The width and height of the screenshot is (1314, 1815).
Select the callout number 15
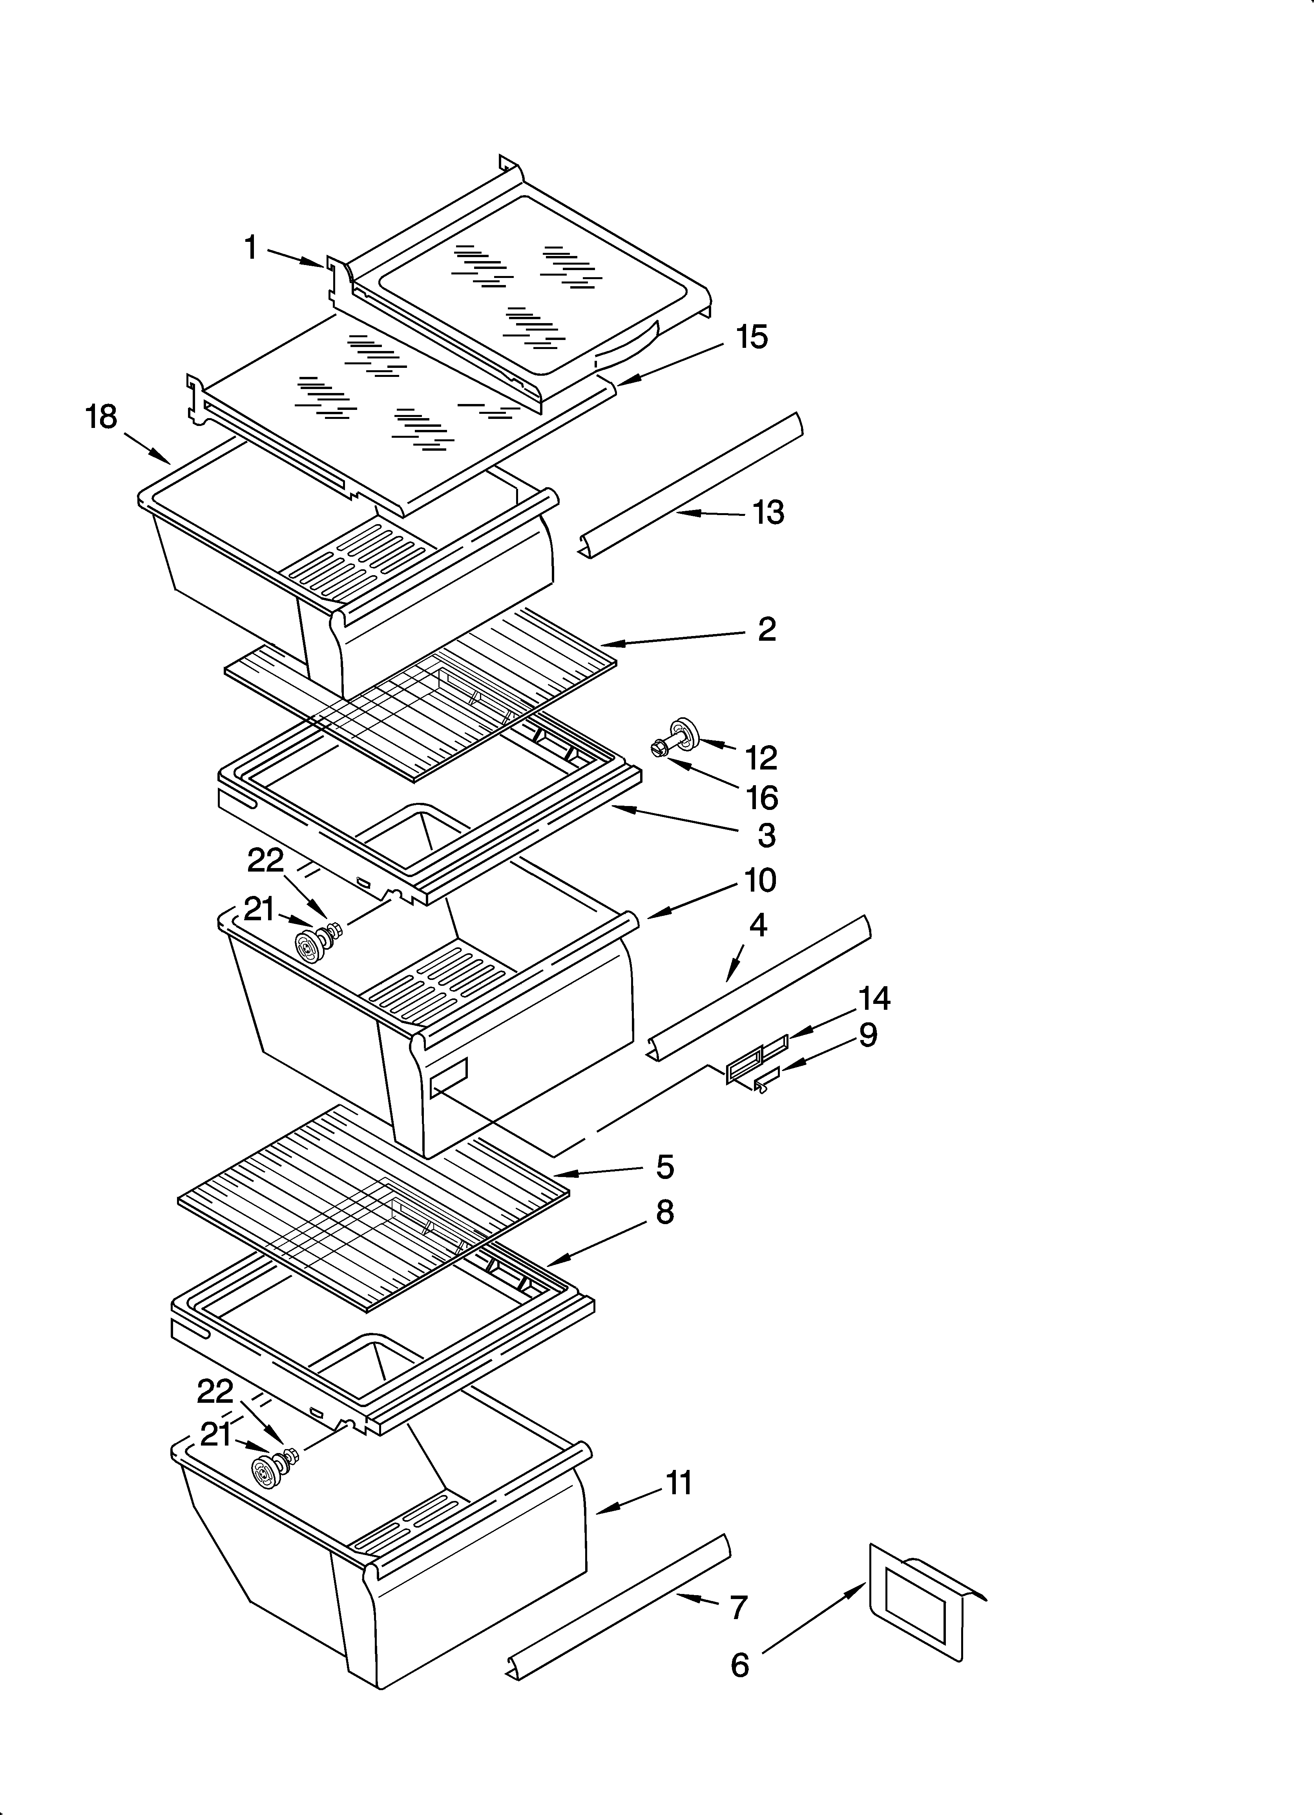point(752,337)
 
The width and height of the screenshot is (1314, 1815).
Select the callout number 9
point(867,1036)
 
